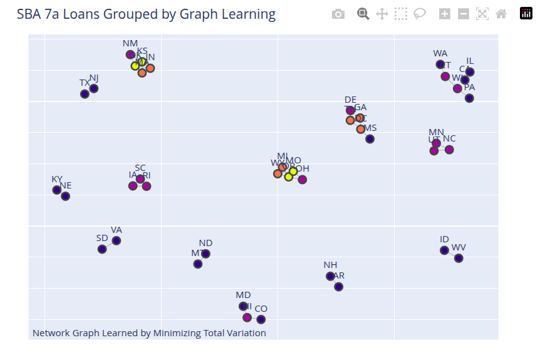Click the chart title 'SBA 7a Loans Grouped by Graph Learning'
point(146,14)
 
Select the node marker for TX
point(85,94)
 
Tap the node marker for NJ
point(94,88)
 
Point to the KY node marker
point(57,190)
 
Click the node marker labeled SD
point(102,249)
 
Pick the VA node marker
point(117,240)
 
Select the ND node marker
point(205,254)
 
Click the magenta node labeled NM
point(130,54)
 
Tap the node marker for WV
point(459,258)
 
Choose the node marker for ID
point(445,250)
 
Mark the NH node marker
point(330,276)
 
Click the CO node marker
point(261,319)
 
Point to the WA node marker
point(440,64)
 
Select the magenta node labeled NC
point(449,150)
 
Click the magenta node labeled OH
point(303,180)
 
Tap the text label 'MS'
point(370,128)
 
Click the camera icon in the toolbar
point(338,14)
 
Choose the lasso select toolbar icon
point(420,14)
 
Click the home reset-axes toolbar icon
point(501,14)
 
